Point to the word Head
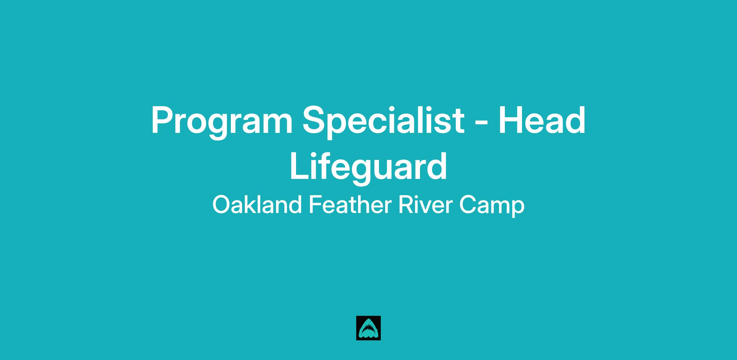[542, 120]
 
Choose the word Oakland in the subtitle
[257, 204]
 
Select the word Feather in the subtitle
[349, 204]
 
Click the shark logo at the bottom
[368, 328]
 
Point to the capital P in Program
[163, 120]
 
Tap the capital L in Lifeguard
[300, 166]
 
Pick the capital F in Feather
[315, 205]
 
